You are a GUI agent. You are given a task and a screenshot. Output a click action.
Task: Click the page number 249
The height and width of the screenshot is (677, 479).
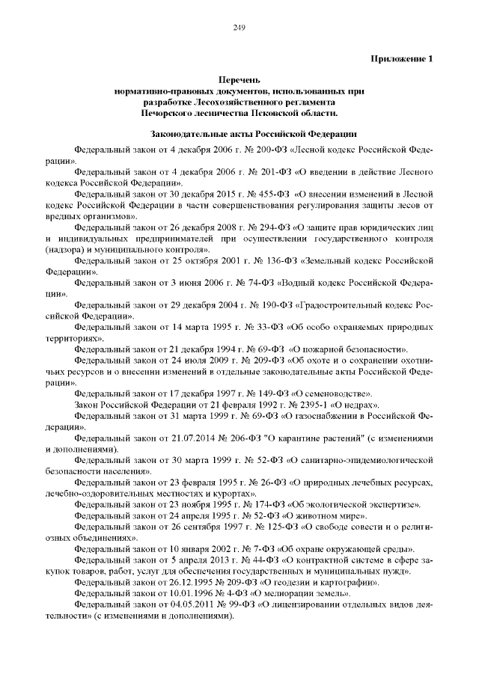[239, 28]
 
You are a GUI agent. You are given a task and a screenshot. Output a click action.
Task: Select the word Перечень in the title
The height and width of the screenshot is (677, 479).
[239, 79]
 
